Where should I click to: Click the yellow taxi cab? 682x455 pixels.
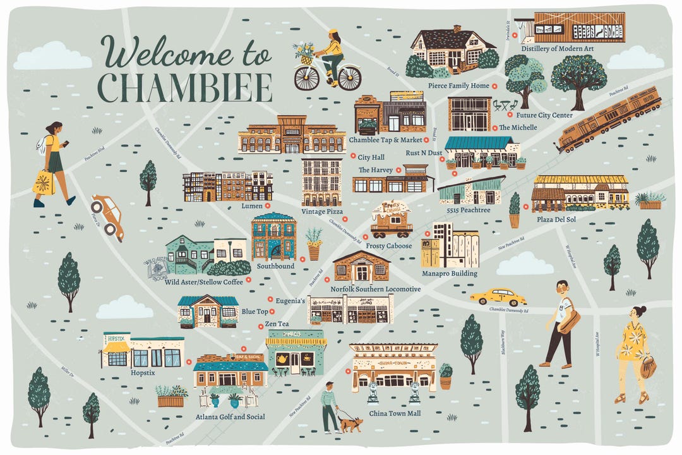click(498, 296)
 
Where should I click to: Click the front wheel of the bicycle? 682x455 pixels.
click(307, 78)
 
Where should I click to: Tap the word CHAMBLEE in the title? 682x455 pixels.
click(186, 88)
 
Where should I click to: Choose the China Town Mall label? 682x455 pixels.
click(395, 413)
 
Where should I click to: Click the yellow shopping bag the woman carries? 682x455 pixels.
click(44, 182)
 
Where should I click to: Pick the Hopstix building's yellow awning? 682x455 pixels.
click(116, 346)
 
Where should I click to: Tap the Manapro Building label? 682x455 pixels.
click(449, 274)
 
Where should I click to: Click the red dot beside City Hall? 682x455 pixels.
click(352, 157)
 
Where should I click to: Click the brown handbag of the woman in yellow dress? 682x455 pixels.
click(648, 367)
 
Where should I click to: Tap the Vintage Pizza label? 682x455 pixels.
click(322, 212)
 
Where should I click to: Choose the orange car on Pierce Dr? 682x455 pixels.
click(107, 216)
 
